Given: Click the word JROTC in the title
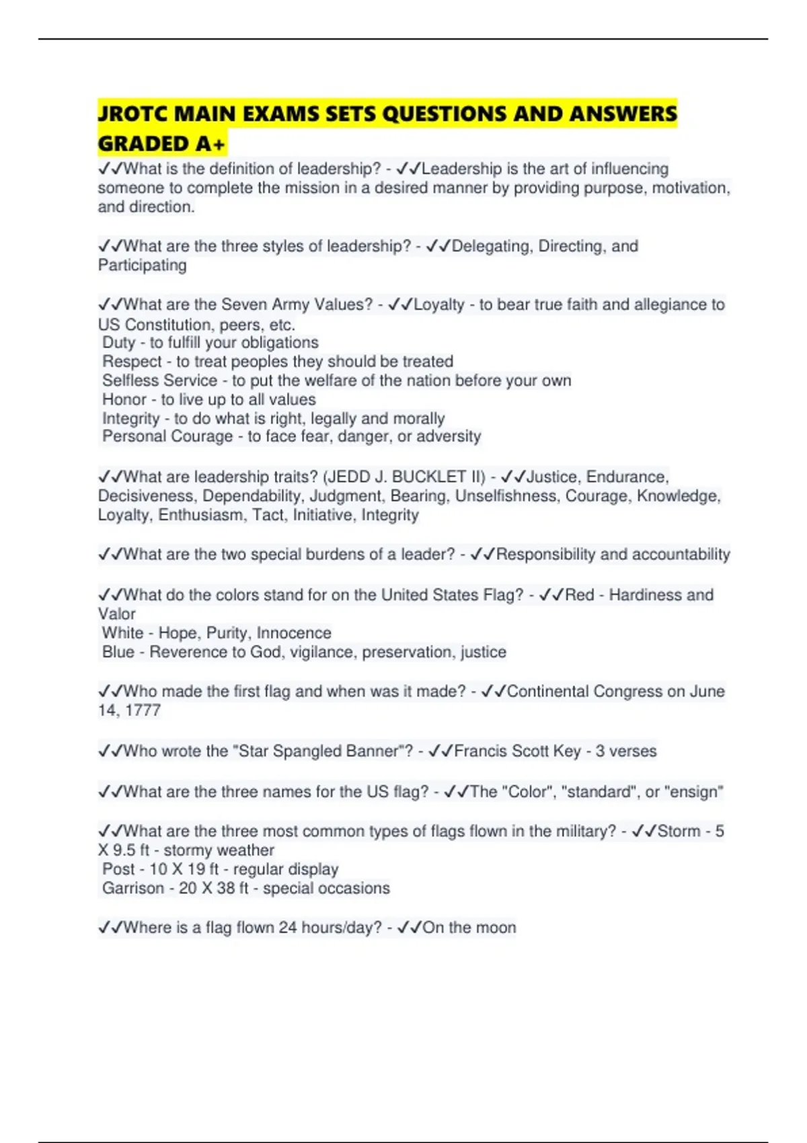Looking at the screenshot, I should [132, 114].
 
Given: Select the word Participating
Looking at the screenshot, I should [143, 266].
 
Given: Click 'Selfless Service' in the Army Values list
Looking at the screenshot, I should [159, 381].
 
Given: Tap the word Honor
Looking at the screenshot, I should [124, 399].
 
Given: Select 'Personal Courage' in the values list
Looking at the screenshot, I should [167, 437].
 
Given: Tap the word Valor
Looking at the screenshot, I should [117, 614].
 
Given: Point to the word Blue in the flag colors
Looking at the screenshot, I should [118, 652].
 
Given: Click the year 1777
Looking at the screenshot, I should [143, 711].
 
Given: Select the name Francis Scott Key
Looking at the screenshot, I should [517, 751].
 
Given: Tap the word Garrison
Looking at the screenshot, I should [132, 888].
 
